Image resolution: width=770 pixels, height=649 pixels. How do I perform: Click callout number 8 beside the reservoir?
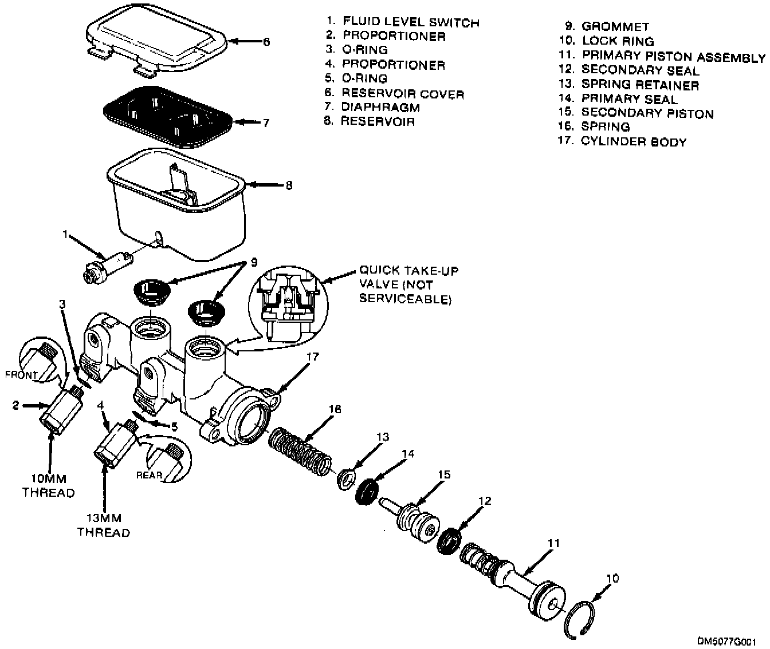click(289, 185)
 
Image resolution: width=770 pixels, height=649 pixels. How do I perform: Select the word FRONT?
click(21, 375)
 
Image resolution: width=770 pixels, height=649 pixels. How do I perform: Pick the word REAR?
click(148, 474)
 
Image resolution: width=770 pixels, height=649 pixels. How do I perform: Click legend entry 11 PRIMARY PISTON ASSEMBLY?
click(662, 56)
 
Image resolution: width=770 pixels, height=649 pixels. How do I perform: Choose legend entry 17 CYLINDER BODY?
click(623, 142)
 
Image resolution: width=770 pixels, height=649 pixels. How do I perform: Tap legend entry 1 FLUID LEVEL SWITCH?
click(402, 22)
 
